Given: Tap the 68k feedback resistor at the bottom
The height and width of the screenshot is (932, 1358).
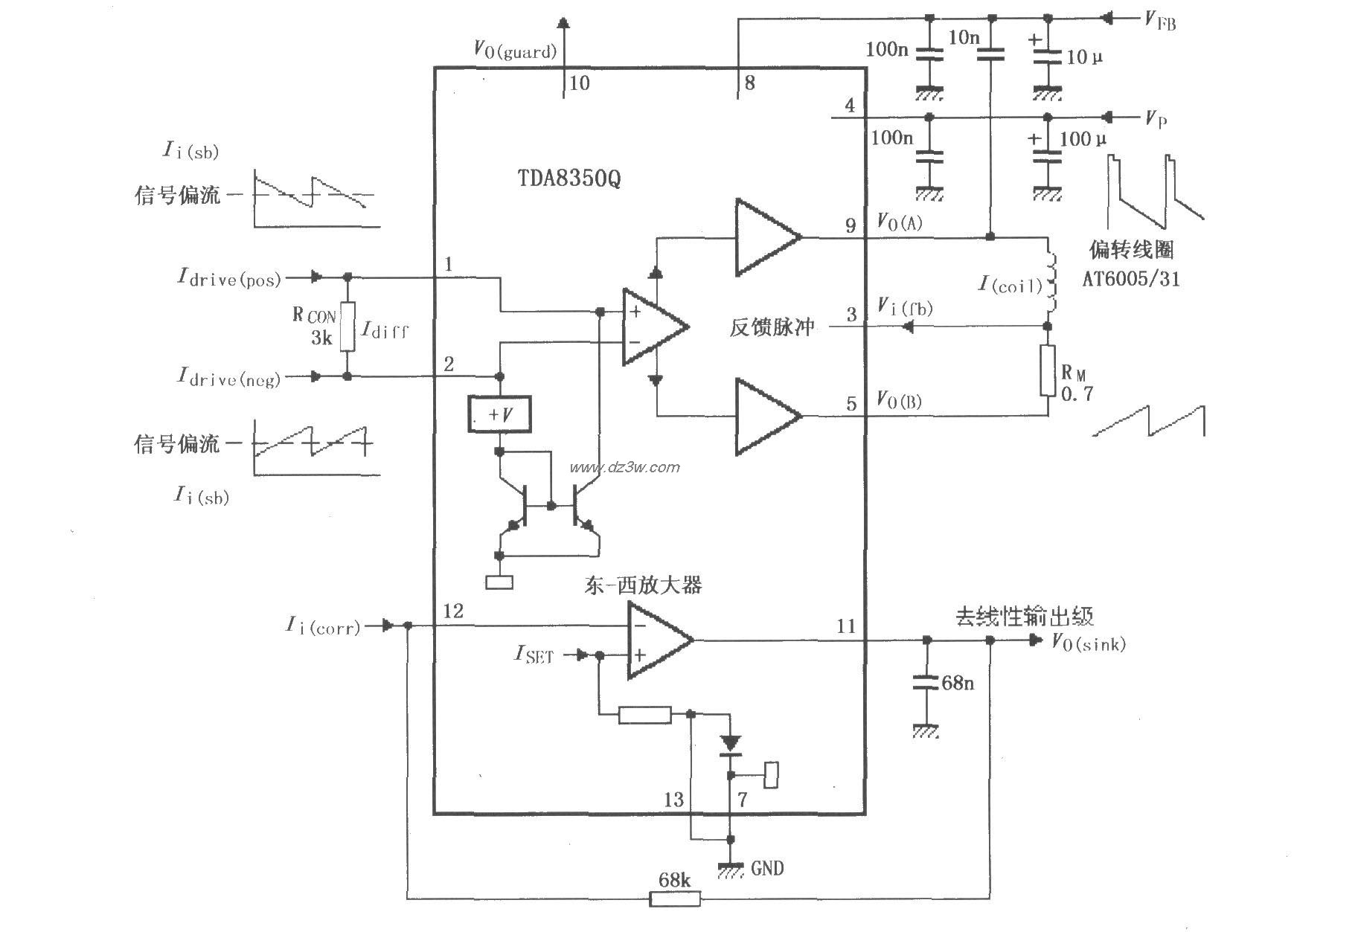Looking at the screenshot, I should coord(675,899).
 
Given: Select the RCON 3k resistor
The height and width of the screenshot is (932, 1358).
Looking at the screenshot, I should coord(347,327).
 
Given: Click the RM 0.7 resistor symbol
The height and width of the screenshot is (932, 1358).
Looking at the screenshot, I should coord(1048,370).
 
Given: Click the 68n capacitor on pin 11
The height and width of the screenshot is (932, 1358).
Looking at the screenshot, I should coord(927,682).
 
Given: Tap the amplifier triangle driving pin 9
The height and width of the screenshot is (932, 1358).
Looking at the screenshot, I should coord(766,237).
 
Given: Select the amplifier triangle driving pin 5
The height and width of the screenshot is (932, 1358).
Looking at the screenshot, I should coord(766,415).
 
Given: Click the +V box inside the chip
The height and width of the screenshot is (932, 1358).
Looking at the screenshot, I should coord(499,414).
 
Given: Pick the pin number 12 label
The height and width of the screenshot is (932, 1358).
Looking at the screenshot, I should coord(452,611).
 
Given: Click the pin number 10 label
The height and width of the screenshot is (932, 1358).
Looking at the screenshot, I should coord(579,83).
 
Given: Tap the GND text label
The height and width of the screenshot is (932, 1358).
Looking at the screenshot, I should coord(766,868).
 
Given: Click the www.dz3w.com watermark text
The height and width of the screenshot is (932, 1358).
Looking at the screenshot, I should coord(624,467).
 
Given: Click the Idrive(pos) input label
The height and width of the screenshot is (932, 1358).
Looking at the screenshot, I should coord(229,277).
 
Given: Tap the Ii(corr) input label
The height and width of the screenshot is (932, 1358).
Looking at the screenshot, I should coord(323,626).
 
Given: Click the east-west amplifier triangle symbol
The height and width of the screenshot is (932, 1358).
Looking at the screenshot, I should coord(657,640).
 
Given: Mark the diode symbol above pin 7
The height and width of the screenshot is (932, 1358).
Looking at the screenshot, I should coord(731,742).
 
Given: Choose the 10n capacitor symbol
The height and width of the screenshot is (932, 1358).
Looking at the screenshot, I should coord(990,53).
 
